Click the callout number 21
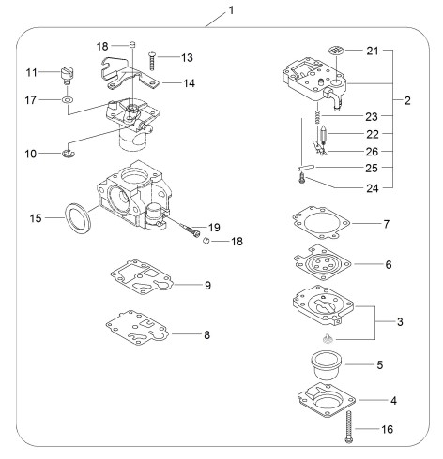coord(373,51)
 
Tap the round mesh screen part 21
coord(337,50)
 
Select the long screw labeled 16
coord(348,426)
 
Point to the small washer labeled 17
coord(67,100)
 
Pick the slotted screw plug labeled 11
coord(67,75)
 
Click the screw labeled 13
coord(152,61)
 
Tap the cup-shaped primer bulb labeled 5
coord(327,365)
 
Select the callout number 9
coord(207,285)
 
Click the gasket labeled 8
coord(137,328)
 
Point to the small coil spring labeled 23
coord(317,114)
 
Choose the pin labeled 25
coord(307,168)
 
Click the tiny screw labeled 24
coord(302,179)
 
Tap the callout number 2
coord(407,100)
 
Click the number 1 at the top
coord(231,10)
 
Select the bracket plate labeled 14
coord(129,75)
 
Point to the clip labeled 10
coord(69,153)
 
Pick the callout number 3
coord(400,321)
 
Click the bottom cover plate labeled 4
coord(327,400)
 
